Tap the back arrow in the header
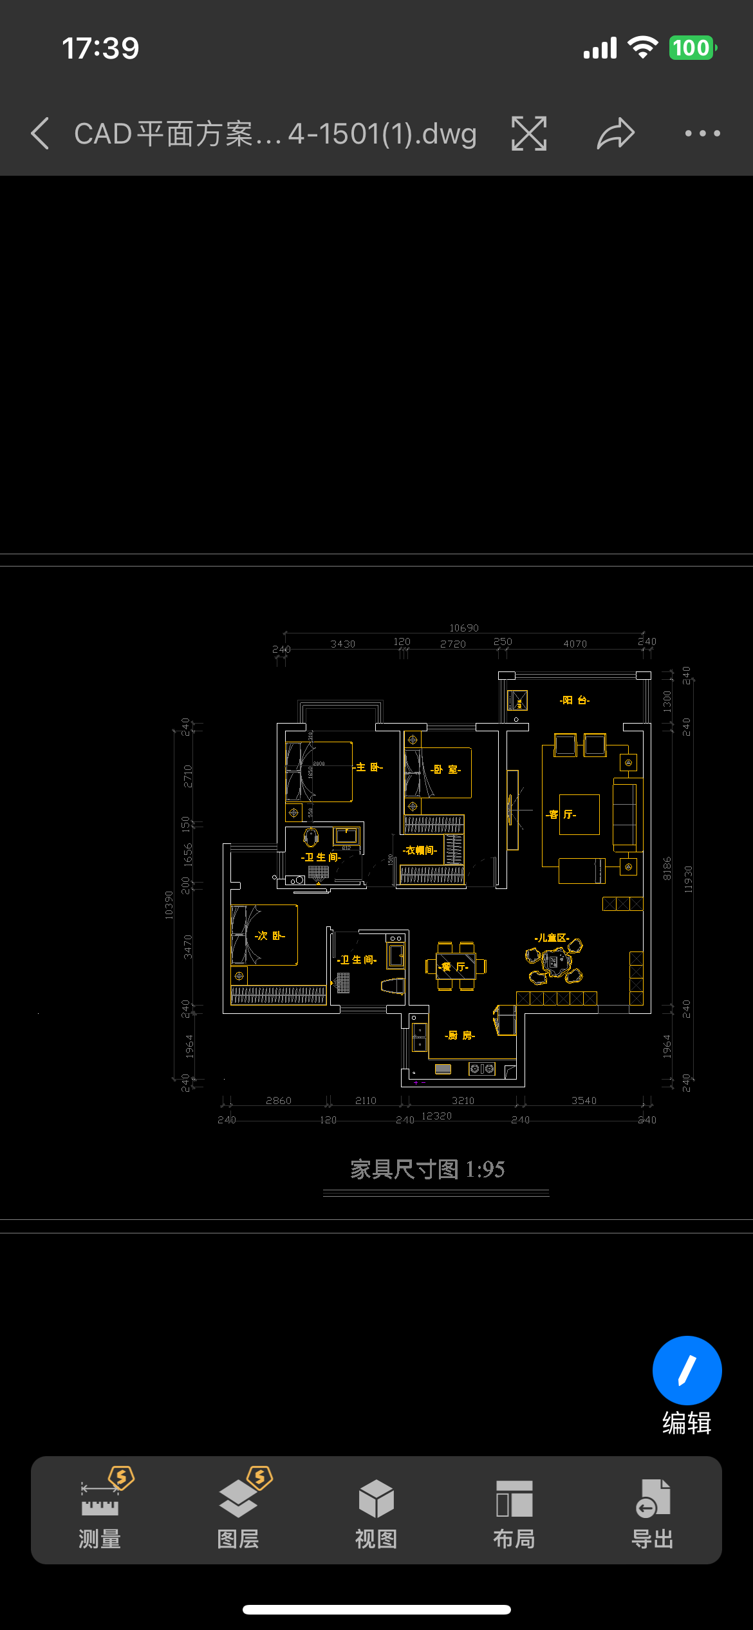tap(41, 133)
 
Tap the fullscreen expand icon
tap(529, 133)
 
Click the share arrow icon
tap(616, 133)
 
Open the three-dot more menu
tap(702, 133)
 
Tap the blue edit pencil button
tap(687, 1371)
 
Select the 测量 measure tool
tap(100, 1510)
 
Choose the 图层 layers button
tap(238, 1510)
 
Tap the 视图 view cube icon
tap(376, 1510)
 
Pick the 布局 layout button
tap(514, 1510)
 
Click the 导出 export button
tap(652, 1510)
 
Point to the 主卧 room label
tap(369, 767)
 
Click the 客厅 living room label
tap(561, 814)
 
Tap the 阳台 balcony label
tap(575, 700)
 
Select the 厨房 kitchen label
tap(460, 1035)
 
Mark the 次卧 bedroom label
tap(270, 935)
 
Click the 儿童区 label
tap(552, 938)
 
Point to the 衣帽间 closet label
tap(420, 850)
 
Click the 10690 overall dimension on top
tap(464, 628)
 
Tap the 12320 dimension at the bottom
tap(436, 1116)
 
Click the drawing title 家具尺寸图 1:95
tap(427, 1169)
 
